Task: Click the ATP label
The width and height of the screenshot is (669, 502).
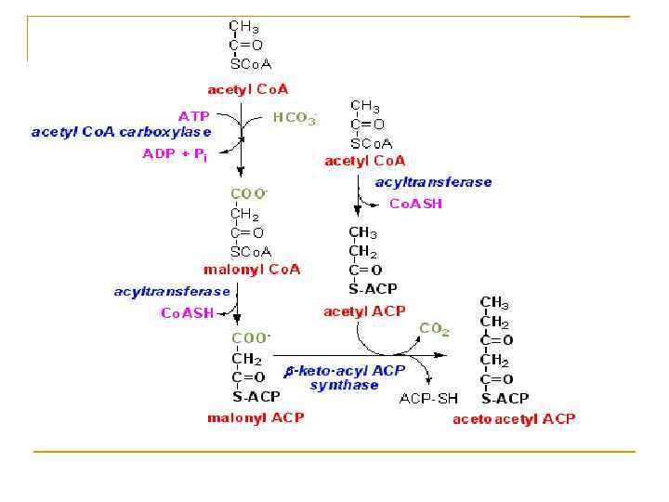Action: [193, 115]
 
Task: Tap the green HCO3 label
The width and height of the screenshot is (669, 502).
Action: [294, 118]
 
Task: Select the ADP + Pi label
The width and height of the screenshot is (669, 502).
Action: [175, 153]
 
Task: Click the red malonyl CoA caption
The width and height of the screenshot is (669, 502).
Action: [252, 270]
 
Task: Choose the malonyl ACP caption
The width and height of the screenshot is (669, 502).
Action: [255, 417]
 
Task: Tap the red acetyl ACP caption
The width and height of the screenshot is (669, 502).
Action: [363, 311]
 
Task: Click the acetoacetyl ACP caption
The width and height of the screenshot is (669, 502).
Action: [514, 418]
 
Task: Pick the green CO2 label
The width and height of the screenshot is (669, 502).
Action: [434, 328]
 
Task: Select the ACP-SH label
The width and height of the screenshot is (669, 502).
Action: [428, 399]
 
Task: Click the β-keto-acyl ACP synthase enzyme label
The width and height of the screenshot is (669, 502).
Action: [345, 376]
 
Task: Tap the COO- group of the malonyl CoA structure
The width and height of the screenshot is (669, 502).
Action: [249, 193]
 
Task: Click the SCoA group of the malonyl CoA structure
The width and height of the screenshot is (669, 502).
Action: [251, 251]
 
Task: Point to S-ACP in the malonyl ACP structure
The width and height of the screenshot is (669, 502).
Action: [255, 397]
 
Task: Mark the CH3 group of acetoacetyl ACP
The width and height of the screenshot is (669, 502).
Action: [494, 303]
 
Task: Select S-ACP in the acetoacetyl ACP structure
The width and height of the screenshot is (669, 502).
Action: [505, 399]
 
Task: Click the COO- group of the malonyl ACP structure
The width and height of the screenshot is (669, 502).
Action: [251, 338]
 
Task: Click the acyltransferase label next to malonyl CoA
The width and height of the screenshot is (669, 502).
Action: [172, 292]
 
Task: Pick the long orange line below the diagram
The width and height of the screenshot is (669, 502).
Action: [334, 452]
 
